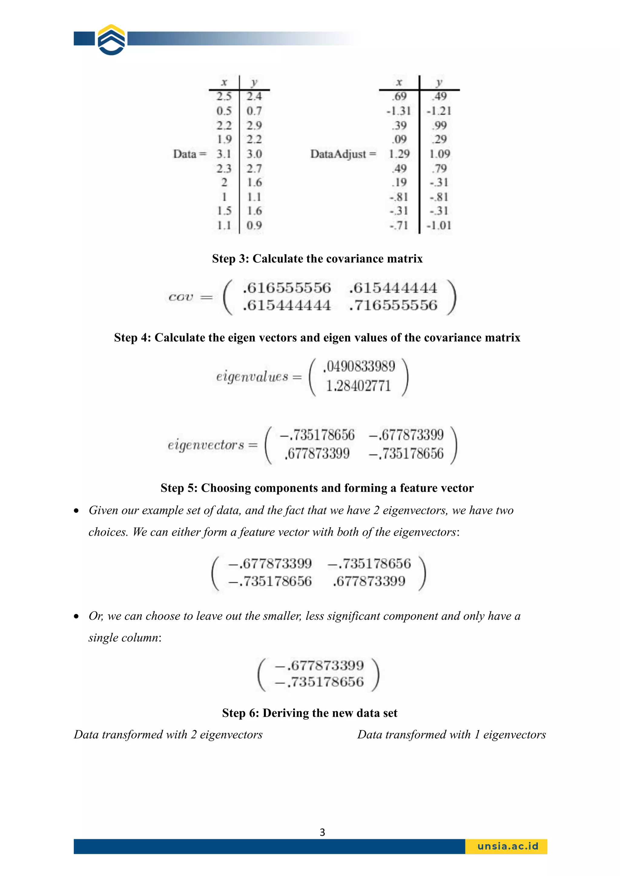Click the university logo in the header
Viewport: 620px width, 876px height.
(111, 40)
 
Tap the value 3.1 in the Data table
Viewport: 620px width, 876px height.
(224, 154)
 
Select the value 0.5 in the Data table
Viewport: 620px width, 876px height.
(224, 111)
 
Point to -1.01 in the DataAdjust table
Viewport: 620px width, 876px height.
(439, 226)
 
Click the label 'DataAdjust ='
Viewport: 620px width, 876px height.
(343, 154)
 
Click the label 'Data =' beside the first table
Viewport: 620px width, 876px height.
(190, 154)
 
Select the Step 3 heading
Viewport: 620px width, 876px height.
(317, 259)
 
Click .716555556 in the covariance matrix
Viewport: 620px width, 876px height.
(393, 305)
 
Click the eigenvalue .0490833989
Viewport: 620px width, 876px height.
(359, 366)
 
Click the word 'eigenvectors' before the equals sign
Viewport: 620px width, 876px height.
(206, 445)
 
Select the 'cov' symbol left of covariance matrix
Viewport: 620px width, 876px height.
(181, 297)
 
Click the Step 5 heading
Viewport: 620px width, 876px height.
(317, 488)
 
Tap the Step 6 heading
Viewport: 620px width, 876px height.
(310, 713)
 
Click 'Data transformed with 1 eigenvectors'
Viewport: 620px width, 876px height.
(451, 734)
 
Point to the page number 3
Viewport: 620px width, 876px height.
(322, 832)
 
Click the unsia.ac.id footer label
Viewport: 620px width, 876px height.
(507, 846)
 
